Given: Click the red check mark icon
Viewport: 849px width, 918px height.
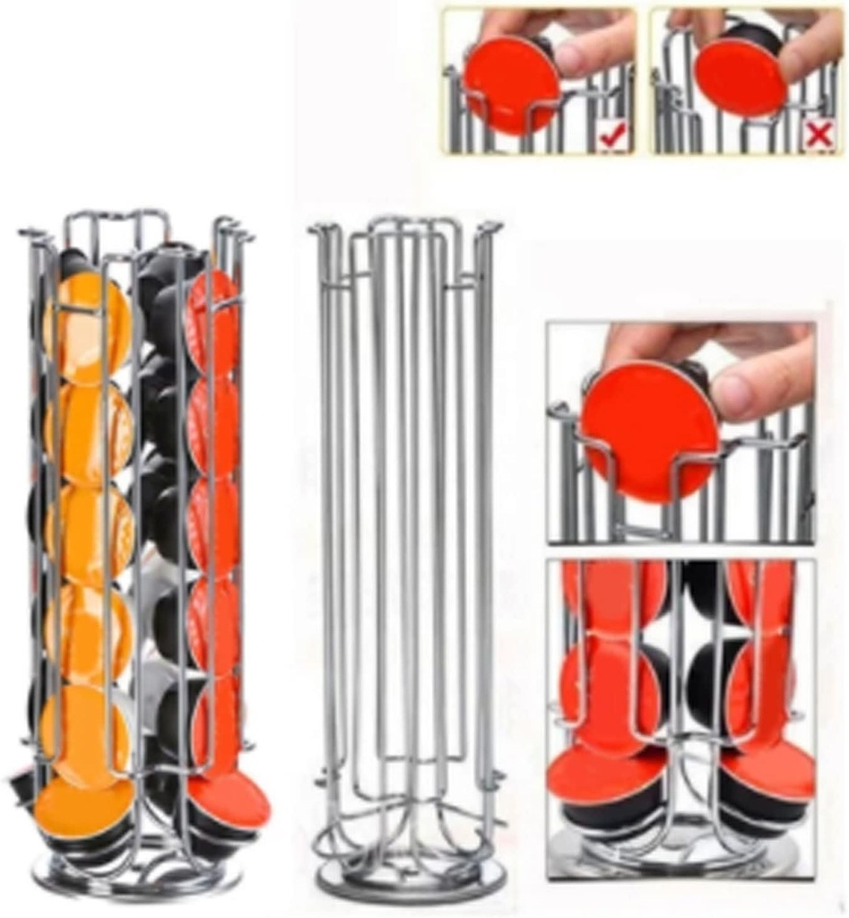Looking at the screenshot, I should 614,135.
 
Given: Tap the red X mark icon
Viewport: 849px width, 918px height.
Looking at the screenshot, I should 819,134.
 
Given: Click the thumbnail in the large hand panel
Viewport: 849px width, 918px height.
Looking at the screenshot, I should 761,395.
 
